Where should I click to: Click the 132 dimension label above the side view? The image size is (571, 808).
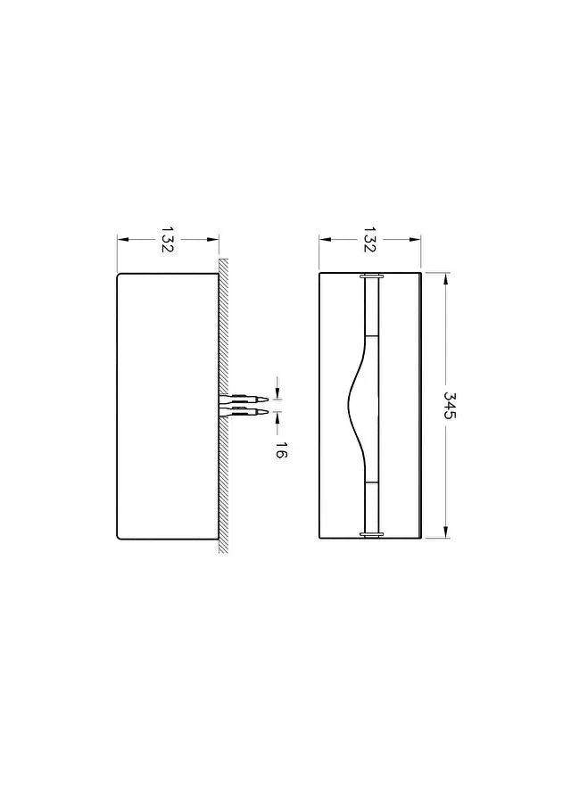click(x=168, y=239)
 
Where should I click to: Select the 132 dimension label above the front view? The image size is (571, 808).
click(x=370, y=239)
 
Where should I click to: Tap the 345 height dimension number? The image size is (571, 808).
click(x=450, y=406)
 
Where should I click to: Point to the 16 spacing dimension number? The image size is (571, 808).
click(x=281, y=449)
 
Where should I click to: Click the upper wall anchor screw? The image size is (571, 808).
click(x=244, y=399)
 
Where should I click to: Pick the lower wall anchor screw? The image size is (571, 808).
click(x=244, y=412)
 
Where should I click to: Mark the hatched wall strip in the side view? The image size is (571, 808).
click(x=223, y=405)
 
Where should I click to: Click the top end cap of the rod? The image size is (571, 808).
click(x=371, y=276)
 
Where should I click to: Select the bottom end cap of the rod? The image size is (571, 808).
click(x=371, y=534)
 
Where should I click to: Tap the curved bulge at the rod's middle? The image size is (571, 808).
click(x=353, y=406)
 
